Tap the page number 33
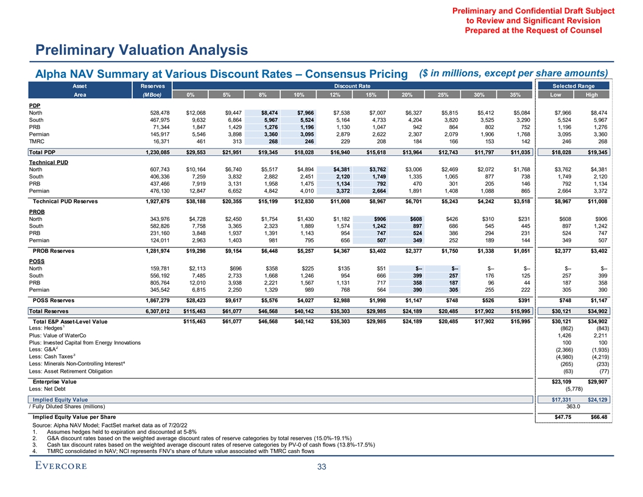tap(321, 467)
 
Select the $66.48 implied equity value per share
tap(597, 416)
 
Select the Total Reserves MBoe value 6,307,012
tap(150, 311)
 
